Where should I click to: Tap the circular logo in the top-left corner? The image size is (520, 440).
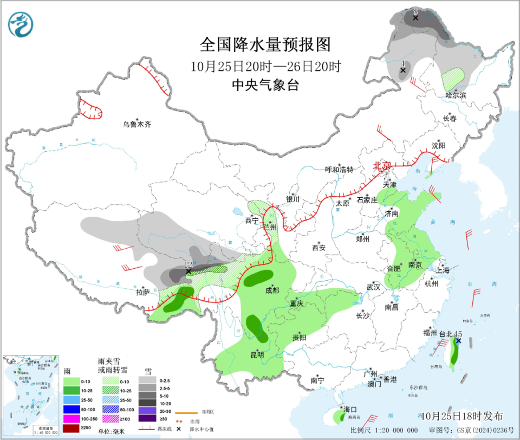click(21, 24)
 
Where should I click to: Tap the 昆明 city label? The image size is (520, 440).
click(257, 355)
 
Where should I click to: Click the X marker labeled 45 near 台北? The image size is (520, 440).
click(458, 341)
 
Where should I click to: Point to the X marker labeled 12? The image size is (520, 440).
click(188, 271)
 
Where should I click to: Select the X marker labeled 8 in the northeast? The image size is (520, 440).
click(415, 18)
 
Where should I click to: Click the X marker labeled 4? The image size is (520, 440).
click(402, 70)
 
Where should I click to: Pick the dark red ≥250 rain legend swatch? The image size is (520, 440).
click(71, 429)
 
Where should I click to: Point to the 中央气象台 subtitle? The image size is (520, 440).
click(265, 85)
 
